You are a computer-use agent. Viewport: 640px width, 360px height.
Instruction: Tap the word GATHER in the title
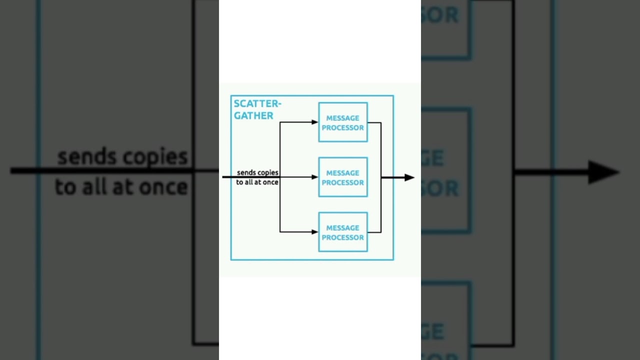point(254,115)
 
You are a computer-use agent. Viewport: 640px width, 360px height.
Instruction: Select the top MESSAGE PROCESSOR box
point(343,122)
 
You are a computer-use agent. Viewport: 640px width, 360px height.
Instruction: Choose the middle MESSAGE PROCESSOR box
point(343,177)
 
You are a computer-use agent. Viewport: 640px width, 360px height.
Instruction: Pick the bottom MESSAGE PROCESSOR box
point(343,232)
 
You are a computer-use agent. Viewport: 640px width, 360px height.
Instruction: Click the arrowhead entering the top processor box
point(315,122)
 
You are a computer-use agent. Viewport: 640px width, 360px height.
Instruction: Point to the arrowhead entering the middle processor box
point(315,177)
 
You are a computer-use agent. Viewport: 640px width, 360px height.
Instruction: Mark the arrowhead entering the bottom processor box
point(315,232)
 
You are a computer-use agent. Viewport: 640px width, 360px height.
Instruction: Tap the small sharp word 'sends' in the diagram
point(246,172)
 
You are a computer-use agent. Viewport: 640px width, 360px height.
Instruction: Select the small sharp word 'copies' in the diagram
point(268,172)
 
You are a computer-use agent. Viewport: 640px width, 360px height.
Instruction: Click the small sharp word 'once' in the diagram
point(270,182)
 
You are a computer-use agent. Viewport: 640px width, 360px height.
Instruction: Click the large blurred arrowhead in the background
point(603,172)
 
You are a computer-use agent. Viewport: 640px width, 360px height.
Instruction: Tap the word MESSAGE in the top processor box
point(343,118)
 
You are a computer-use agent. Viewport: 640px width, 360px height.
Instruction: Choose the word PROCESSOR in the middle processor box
point(343,182)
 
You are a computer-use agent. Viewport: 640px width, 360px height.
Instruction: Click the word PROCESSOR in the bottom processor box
point(343,237)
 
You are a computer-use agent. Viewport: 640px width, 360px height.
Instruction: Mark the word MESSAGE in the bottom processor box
point(343,228)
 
